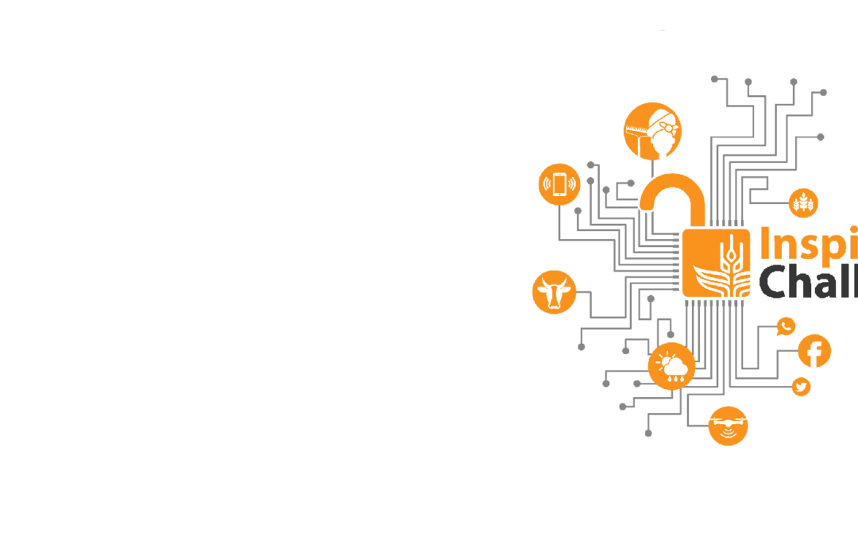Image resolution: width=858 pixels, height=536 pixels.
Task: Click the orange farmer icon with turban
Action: pos(652,131)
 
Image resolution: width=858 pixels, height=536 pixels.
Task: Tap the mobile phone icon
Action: pos(559,184)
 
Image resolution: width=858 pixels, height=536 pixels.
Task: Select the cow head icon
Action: pos(554,291)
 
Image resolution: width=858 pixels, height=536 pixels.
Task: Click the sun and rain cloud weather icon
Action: pos(671,366)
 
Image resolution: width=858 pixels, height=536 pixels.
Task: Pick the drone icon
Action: pos(728,426)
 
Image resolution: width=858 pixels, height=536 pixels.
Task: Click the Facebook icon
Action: pos(814,351)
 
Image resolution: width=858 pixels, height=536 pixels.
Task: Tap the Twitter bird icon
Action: pos(801,387)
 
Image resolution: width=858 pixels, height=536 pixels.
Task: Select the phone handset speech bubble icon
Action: pos(786,326)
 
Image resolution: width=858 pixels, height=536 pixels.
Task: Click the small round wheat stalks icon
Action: pos(803,202)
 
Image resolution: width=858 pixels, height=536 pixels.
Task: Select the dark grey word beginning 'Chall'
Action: pos(807,282)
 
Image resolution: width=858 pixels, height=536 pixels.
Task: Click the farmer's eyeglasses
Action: pos(667,127)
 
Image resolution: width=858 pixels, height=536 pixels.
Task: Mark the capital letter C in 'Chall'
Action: pos(775,283)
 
